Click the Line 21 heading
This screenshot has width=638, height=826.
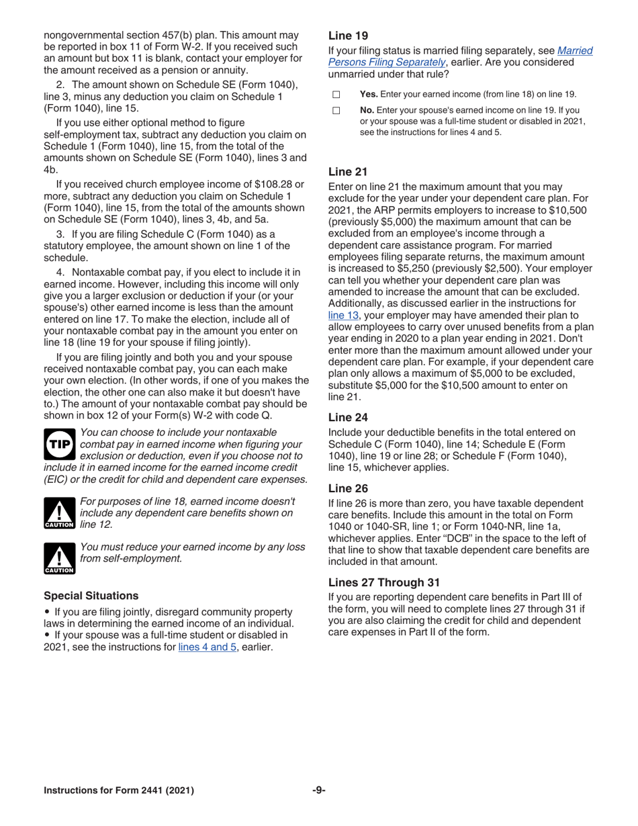[347, 172]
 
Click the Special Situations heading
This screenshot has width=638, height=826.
[91, 596]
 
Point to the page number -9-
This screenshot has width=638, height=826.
[319, 790]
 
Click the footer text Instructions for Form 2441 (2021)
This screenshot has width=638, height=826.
[119, 790]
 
